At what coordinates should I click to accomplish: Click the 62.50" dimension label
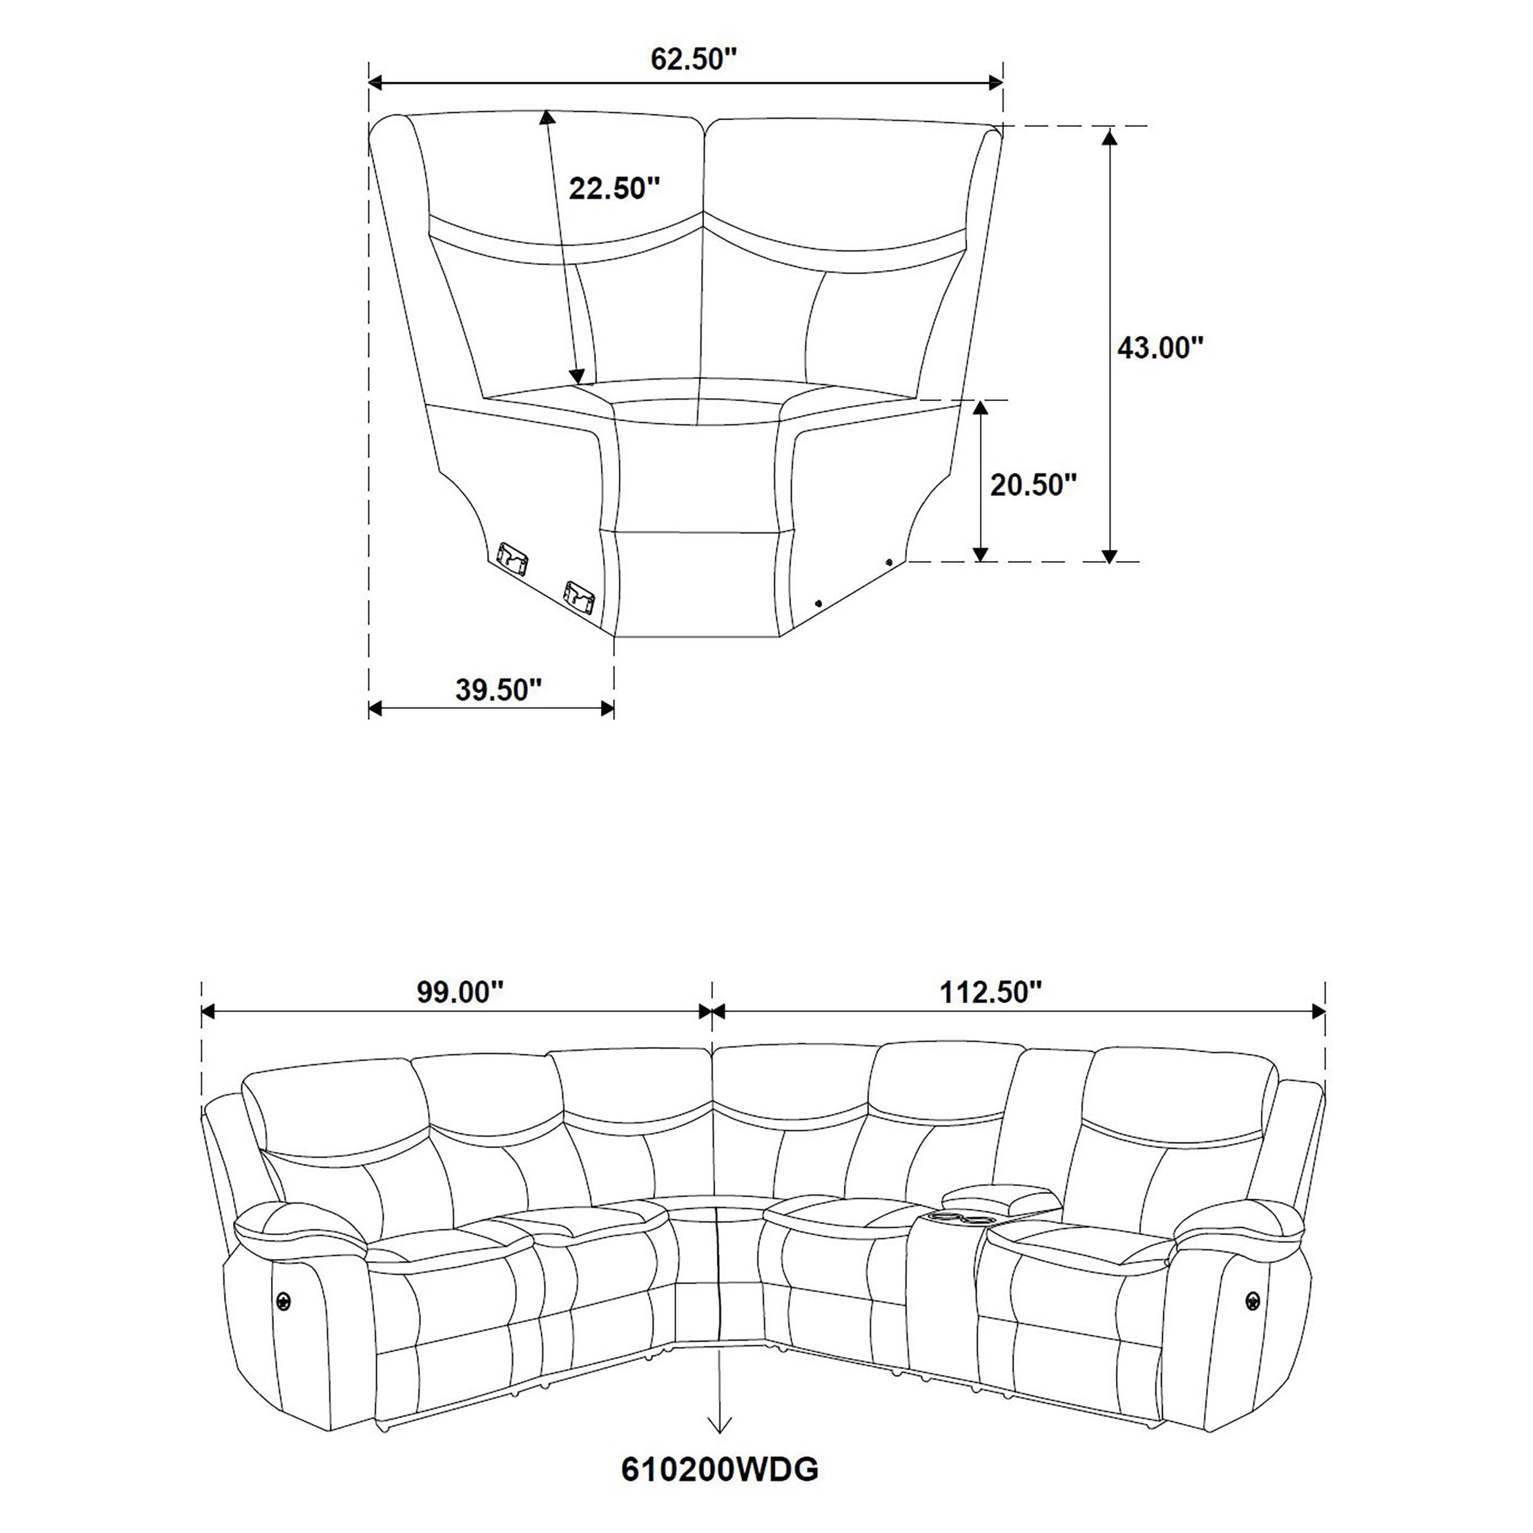coord(694,59)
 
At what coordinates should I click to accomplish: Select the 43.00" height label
coord(1160,348)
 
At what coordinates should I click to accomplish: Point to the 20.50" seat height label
coord(1032,484)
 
